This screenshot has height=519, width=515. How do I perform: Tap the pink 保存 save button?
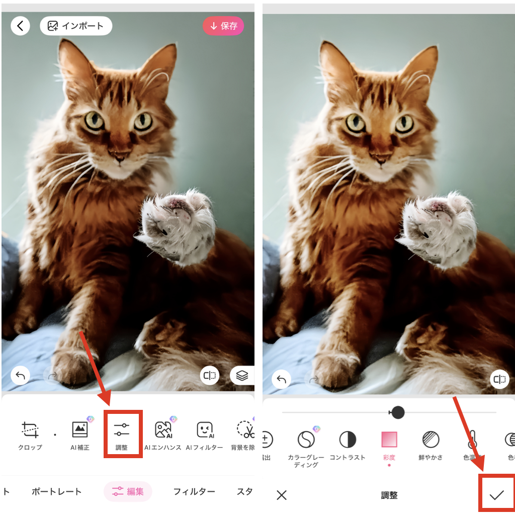click(x=223, y=26)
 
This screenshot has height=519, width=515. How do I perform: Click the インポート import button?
click(x=76, y=26)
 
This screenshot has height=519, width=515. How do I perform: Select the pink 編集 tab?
click(x=128, y=491)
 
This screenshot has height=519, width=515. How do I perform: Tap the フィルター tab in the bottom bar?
click(x=194, y=491)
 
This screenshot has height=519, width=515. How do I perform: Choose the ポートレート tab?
click(x=56, y=491)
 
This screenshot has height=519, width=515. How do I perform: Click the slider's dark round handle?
click(x=398, y=412)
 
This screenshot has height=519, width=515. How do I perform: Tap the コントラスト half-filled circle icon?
click(x=348, y=440)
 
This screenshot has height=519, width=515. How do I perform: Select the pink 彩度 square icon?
click(x=389, y=440)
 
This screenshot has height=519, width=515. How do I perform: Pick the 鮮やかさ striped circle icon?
click(x=431, y=440)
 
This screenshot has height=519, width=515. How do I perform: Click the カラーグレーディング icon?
click(x=306, y=440)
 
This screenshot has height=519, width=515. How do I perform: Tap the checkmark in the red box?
click(x=497, y=495)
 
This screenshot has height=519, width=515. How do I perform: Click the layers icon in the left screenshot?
click(x=242, y=375)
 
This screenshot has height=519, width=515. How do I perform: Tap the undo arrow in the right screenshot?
click(x=282, y=380)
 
